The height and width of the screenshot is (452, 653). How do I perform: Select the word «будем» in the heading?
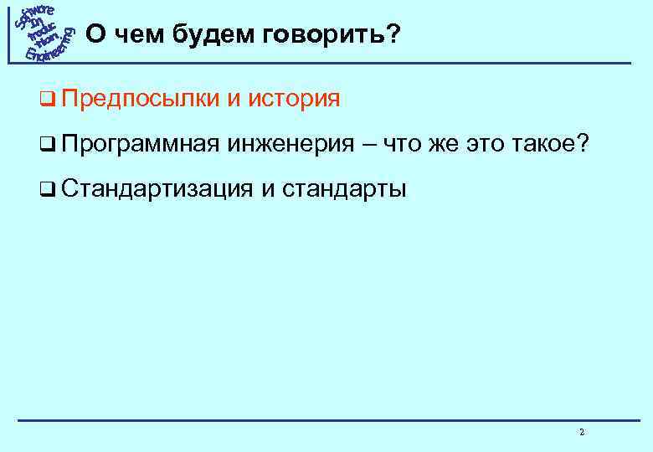click(224, 36)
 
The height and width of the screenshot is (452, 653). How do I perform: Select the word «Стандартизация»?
click(156, 189)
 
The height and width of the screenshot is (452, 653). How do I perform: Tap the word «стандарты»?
click(345, 190)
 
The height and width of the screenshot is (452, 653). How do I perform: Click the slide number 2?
click(581, 433)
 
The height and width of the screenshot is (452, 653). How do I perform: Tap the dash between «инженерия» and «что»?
click(369, 146)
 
